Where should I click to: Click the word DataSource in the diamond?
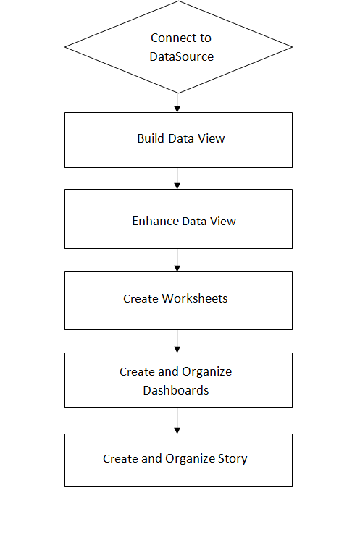click(x=181, y=56)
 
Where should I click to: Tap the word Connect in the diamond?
click(x=170, y=38)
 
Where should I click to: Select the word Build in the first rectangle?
click(x=151, y=138)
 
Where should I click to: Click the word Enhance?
click(x=155, y=221)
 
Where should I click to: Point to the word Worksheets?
click(x=195, y=298)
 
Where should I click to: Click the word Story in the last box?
click(x=231, y=458)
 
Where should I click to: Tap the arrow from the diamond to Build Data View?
click(x=177, y=103)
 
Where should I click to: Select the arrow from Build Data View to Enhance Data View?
click(x=177, y=179)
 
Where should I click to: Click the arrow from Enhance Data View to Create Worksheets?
click(x=177, y=261)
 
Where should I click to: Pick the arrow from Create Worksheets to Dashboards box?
click(x=177, y=342)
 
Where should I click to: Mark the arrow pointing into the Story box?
click(x=177, y=421)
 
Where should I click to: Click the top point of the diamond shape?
click(x=178, y=2)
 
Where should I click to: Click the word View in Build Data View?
click(x=212, y=138)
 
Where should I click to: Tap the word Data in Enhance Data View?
click(x=193, y=221)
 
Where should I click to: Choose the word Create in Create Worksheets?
click(x=141, y=298)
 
